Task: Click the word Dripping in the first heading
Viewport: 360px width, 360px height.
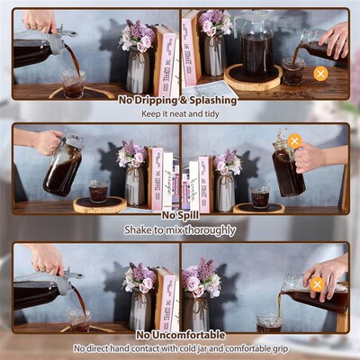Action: click(x=156, y=101)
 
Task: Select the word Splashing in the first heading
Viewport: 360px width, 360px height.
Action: click(x=210, y=101)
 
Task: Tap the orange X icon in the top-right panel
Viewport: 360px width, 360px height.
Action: click(x=320, y=73)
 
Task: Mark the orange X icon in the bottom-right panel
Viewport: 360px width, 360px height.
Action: click(x=317, y=284)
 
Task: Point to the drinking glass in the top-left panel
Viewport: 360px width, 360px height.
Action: click(x=74, y=84)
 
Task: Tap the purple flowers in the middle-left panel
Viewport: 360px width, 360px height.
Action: click(x=133, y=155)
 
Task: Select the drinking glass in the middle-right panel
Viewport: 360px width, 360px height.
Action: click(x=261, y=196)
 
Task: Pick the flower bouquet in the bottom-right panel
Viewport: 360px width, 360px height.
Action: click(x=202, y=277)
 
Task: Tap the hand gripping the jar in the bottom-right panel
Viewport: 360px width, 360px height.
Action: click(x=325, y=270)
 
